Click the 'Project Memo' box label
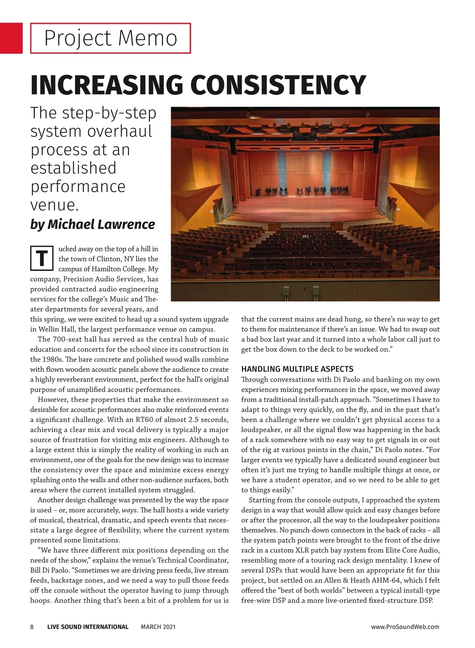click(x=110, y=38)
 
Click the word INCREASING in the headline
click(x=106, y=85)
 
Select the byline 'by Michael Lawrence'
click(x=93, y=224)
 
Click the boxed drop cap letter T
click(x=42, y=258)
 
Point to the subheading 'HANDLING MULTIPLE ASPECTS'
click(x=297, y=369)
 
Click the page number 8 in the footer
click(x=32, y=627)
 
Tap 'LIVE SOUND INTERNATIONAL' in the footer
click(x=88, y=627)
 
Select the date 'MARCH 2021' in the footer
click(x=158, y=627)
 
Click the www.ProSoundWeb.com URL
click(x=405, y=627)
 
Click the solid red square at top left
click(x=11, y=38)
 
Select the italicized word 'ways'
click(x=129, y=510)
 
